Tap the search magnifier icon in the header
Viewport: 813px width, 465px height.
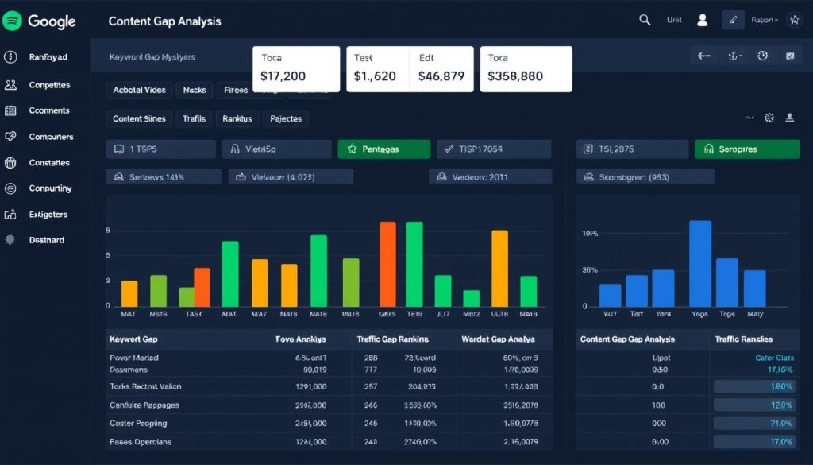coord(645,21)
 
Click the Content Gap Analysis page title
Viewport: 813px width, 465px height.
coord(164,21)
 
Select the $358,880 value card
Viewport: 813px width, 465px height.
coord(526,68)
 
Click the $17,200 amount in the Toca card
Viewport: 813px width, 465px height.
coord(283,77)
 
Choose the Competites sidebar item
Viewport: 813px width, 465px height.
coord(49,85)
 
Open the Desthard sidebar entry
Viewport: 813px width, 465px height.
coord(47,240)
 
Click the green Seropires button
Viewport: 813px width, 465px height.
coord(746,149)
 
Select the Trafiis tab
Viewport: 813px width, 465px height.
coord(194,118)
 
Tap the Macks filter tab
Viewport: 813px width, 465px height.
coord(195,90)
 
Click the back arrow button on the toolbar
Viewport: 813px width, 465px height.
coord(703,56)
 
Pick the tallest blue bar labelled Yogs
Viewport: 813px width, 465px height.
coord(700,263)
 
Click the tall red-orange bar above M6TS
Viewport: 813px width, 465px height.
coord(387,264)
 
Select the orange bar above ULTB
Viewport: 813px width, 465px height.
coord(499,268)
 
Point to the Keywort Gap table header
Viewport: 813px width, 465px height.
coord(133,339)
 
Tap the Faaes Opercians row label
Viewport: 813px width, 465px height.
coord(140,442)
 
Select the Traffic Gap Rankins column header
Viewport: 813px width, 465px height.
coord(393,339)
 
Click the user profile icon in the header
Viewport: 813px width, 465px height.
coord(702,21)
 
